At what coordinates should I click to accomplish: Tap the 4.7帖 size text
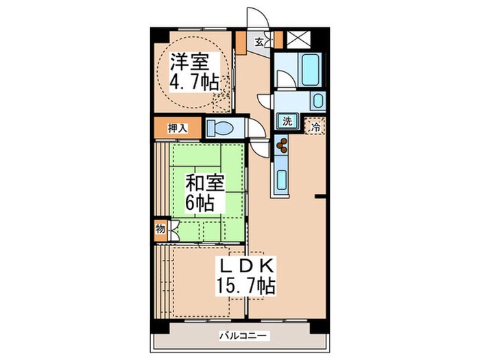pos(195,83)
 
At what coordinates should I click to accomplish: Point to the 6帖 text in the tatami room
pos(200,203)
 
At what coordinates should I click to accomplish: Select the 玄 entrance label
pos(260,41)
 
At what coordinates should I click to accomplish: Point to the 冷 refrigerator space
pos(315,126)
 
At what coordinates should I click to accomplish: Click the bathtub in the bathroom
pos(310,69)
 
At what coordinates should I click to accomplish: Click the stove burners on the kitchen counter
pos(282,145)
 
